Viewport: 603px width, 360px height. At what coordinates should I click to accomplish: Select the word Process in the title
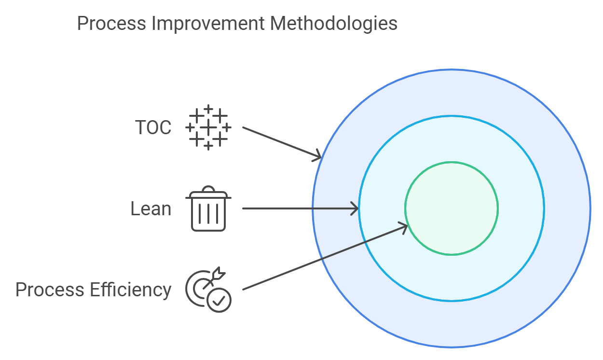point(112,23)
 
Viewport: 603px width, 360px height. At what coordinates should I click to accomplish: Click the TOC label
point(153,128)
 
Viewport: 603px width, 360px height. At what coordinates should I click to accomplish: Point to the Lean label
point(151,209)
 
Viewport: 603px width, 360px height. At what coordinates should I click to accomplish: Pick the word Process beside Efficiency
point(50,290)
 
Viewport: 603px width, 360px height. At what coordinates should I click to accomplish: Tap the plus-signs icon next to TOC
point(208,127)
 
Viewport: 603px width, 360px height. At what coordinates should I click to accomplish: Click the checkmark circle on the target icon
point(219,300)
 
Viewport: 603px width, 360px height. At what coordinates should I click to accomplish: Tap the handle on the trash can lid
point(208,189)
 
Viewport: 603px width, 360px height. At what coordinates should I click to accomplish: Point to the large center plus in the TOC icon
point(208,128)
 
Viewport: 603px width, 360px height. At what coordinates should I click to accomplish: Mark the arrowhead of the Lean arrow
point(355,208)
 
